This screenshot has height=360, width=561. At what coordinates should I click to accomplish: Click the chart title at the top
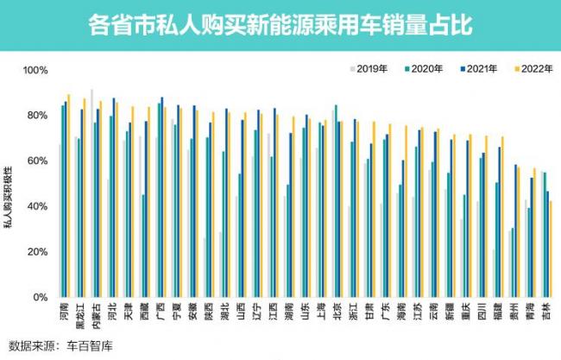tap(280, 24)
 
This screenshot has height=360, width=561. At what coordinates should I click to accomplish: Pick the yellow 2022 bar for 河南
tap(69, 196)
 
